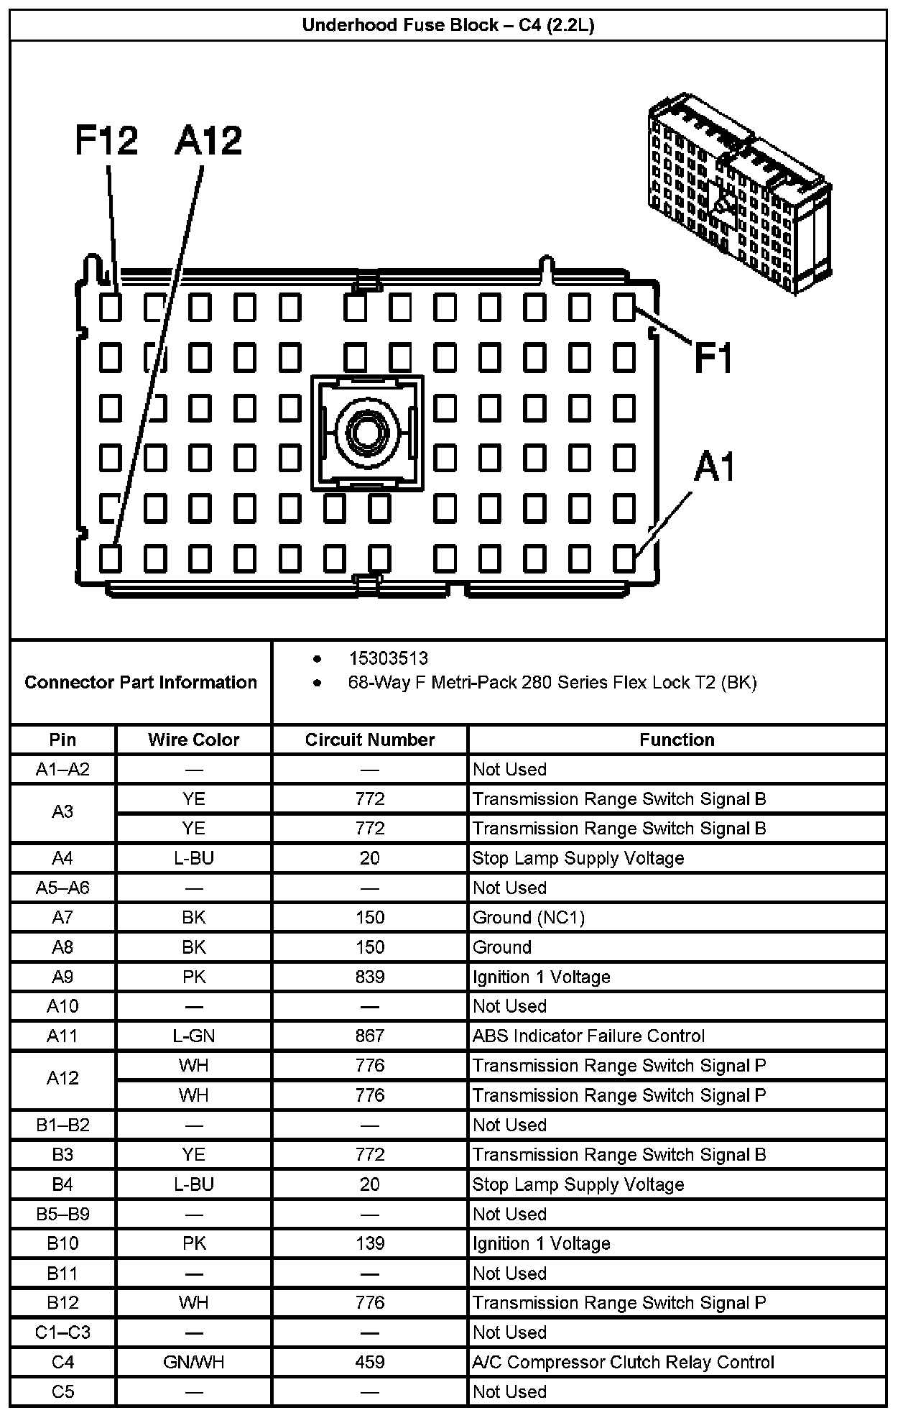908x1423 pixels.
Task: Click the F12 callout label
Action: pos(106,140)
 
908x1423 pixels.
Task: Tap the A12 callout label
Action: pos(208,140)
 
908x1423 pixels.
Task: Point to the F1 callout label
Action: pos(713,357)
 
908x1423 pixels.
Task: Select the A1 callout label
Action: pos(715,467)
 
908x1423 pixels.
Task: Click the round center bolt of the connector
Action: pos(366,432)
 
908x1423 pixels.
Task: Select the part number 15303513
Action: pos(388,658)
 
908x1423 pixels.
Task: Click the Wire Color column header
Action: pos(193,740)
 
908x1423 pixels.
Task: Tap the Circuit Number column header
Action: pos(370,740)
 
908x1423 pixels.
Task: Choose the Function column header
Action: pos(677,740)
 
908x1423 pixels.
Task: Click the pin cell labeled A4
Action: pos(62,858)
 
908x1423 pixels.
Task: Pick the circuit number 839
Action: pos(370,977)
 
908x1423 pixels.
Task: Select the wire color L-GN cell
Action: pos(193,1036)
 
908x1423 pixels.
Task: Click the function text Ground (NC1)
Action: pos(529,918)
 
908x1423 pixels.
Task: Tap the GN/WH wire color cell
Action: pos(193,1362)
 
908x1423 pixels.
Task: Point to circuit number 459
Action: pos(370,1362)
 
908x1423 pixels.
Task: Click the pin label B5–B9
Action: pos(62,1214)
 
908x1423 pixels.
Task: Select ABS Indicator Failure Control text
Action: pos(588,1036)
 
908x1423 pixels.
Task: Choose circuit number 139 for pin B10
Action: pos(370,1243)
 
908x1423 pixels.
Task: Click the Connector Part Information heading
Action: pos(141,682)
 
